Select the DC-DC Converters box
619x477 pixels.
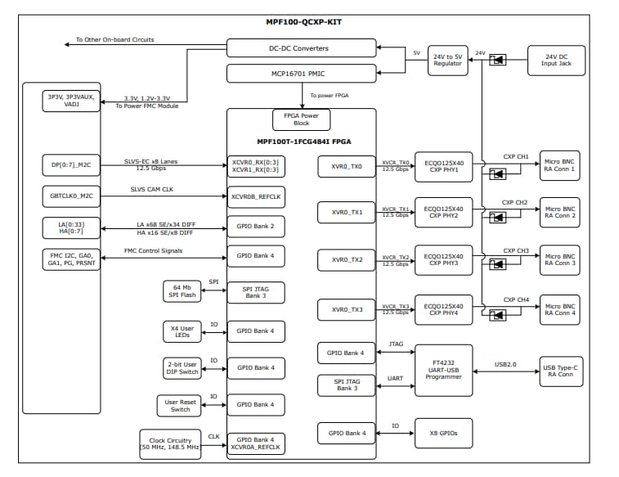click(x=300, y=48)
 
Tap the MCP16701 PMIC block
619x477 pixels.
click(x=300, y=75)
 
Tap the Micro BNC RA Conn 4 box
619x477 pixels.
click(x=560, y=308)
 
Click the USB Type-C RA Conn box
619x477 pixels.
click(x=560, y=370)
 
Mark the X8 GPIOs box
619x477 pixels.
click(x=443, y=433)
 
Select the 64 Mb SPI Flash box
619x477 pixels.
click(x=182, y=290)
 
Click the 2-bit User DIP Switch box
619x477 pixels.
click(x=182, y=368)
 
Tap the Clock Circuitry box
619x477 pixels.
click(x=169, y=444)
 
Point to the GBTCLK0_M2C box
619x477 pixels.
click(x=71, y=196)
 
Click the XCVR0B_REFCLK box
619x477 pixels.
click(x=256, y=196)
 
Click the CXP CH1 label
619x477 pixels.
click(x=515, y=156)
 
